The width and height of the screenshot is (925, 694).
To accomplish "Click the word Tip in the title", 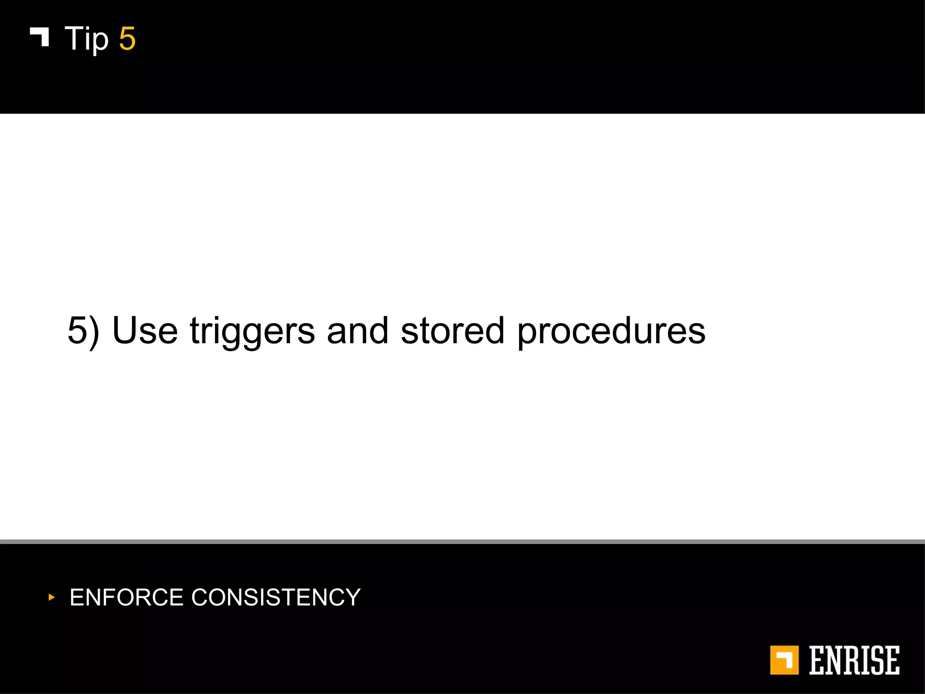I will pos(87,39).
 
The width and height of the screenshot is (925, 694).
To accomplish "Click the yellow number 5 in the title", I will pos(127,39).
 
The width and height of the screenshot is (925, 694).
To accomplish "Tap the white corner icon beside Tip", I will pos(40,36).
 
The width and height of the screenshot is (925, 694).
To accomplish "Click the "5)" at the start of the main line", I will pos(83,331).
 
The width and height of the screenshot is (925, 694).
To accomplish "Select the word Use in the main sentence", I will pos(145,331).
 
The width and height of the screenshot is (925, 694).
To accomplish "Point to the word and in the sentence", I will pos(357,331).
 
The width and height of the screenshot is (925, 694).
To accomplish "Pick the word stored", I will pos(452,331).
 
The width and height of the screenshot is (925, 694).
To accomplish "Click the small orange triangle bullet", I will pos(51,597).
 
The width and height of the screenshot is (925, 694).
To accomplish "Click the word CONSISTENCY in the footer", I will pos(276,597).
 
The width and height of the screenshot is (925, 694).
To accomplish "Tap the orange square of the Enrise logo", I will pos(784,660).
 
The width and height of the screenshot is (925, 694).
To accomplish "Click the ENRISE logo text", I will pos(854,660).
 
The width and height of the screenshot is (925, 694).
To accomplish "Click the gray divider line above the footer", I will pos(462,541).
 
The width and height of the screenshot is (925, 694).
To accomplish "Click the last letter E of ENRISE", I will pos(892,660).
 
